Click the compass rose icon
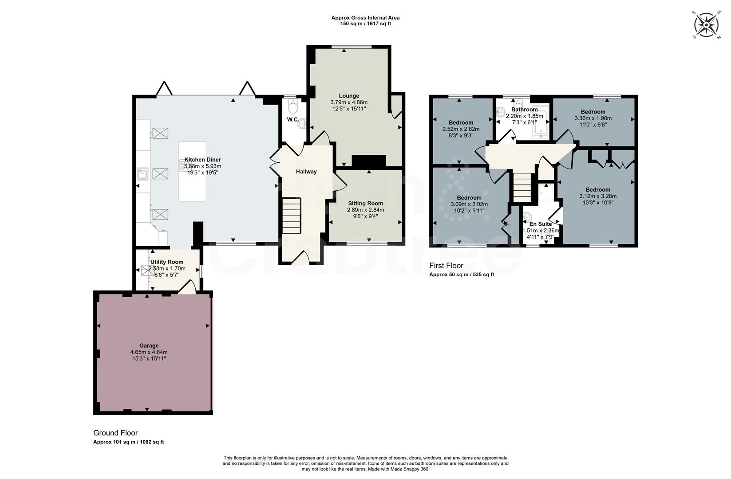(706, 25)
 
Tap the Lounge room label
(349, 96)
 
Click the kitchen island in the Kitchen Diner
(192, 171)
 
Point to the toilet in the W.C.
(292, 106)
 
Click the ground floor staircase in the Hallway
(292, 216)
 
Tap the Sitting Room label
(365, 204)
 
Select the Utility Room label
(167, 262)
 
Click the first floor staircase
(522, 186)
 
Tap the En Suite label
(540, 224)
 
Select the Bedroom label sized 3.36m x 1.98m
(593, 112)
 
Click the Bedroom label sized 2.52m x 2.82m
(461, 122)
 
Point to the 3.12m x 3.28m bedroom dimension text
(597, 196)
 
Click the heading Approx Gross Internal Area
(365, 18)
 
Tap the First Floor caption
(446, 266)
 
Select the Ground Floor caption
(115, 433)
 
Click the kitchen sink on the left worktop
(142, 174)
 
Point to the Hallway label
(306, 172)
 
